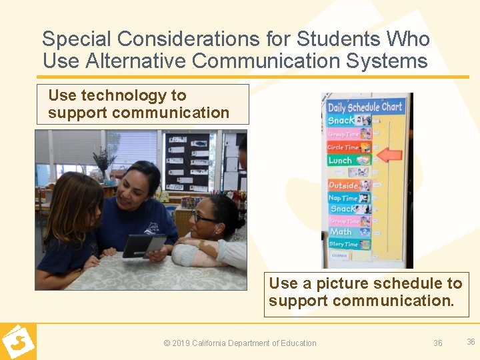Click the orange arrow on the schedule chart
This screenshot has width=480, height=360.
[390, 155]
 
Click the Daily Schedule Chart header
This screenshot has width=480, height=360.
[365, 107]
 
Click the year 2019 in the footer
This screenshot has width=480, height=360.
[181, 343]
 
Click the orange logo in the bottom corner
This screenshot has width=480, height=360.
[18, 341]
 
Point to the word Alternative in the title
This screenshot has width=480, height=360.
[133, 61]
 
